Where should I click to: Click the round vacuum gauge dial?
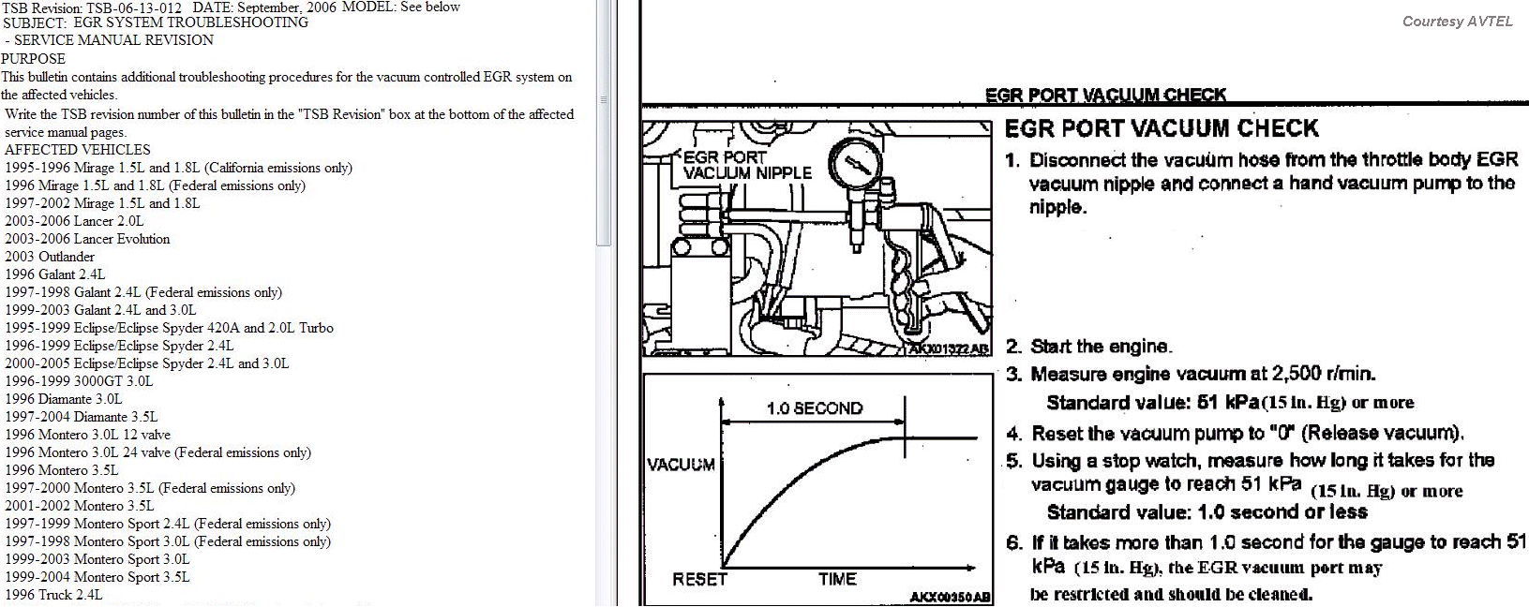[x=855, y=164]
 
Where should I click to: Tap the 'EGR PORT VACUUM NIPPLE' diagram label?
[x=747, y=166]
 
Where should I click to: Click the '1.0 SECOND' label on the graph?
[x=815, y=408]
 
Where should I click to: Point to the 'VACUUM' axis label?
[x=681, y=465]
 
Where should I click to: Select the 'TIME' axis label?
[x=837, y=579]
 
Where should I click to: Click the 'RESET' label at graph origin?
[x=699, y=579]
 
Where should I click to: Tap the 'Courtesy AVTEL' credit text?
[x=1458, y=22]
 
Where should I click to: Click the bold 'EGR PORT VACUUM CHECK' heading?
[x=1162, y=128]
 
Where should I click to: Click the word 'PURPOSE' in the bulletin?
[x=34, y=59]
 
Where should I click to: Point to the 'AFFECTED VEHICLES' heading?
[x=78, y=149]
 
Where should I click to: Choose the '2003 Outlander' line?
[x=50, y=257]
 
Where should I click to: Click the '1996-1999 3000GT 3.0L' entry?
[x=79, y=381]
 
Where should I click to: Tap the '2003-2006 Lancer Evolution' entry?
[x=87, y=239]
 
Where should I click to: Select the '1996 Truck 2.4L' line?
[x=53, y=595]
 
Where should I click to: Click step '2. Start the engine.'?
[x=1089, y=347]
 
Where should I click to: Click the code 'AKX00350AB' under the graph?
[x=951, y=597]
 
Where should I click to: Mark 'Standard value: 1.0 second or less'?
[x=1207, y=512]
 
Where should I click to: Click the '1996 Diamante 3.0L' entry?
[x=64, y=399]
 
